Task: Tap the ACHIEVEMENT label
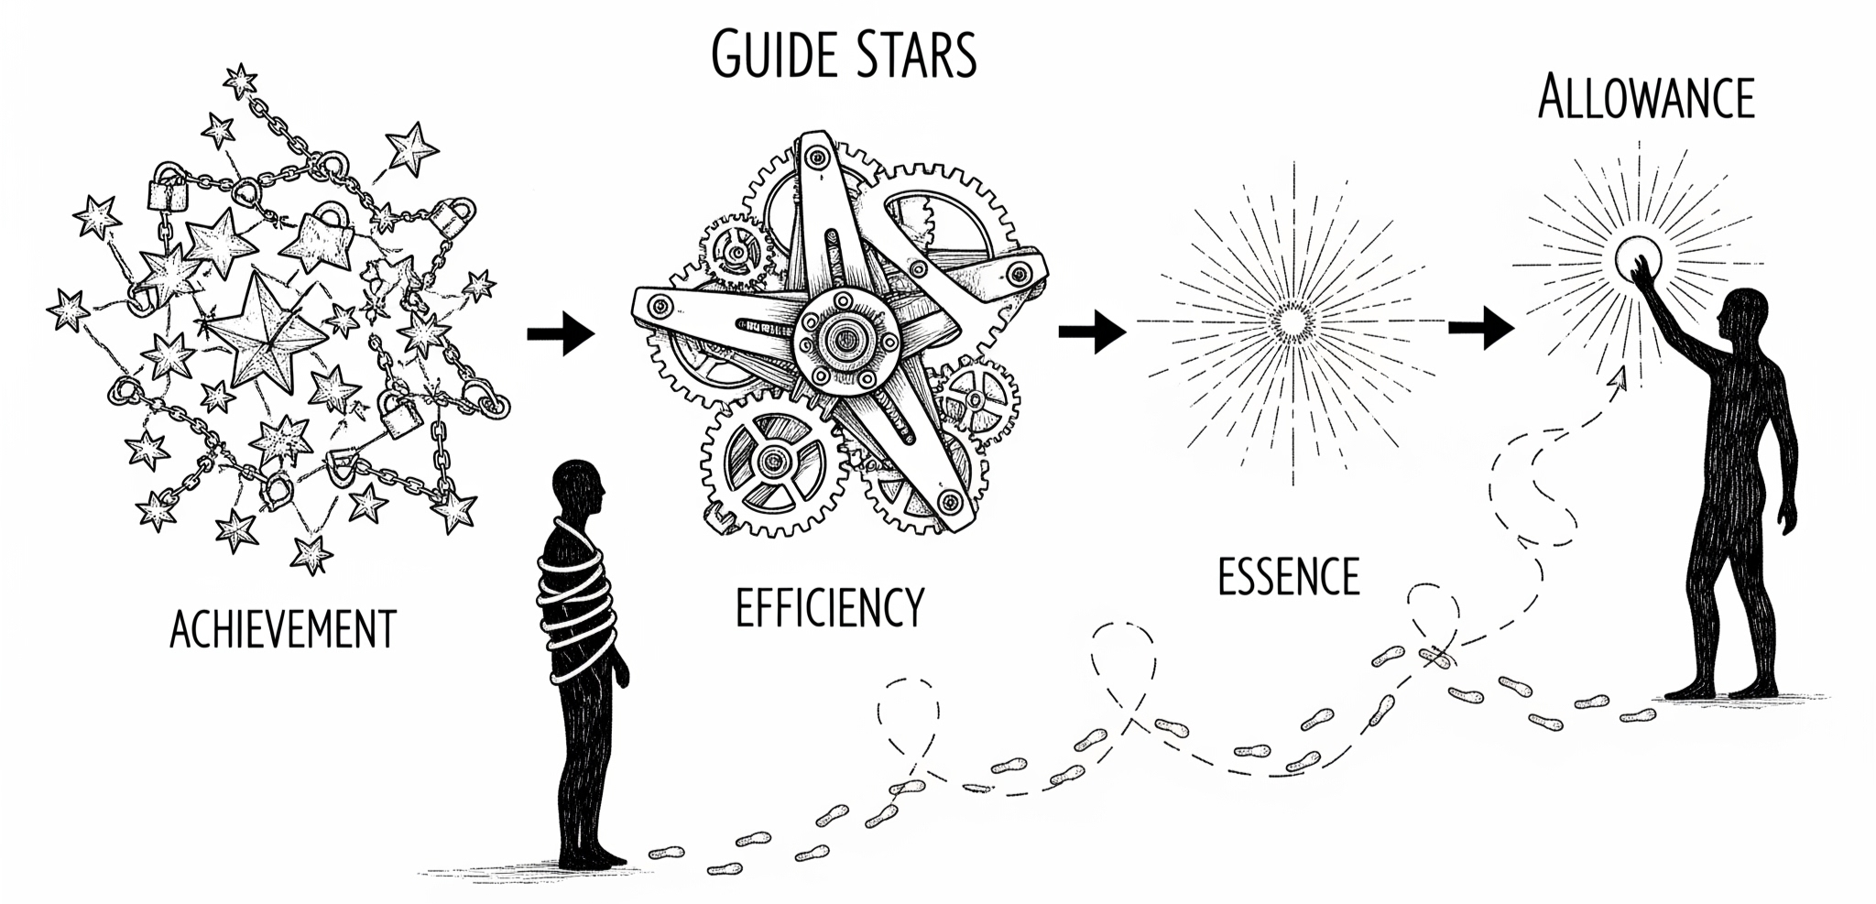pos(283,629)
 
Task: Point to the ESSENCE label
pos(1288,577)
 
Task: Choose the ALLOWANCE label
pos(1646,99)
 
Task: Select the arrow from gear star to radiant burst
pos(1092,331)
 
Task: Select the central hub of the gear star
pos(838,337)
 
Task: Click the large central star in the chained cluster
pos(265,337)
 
